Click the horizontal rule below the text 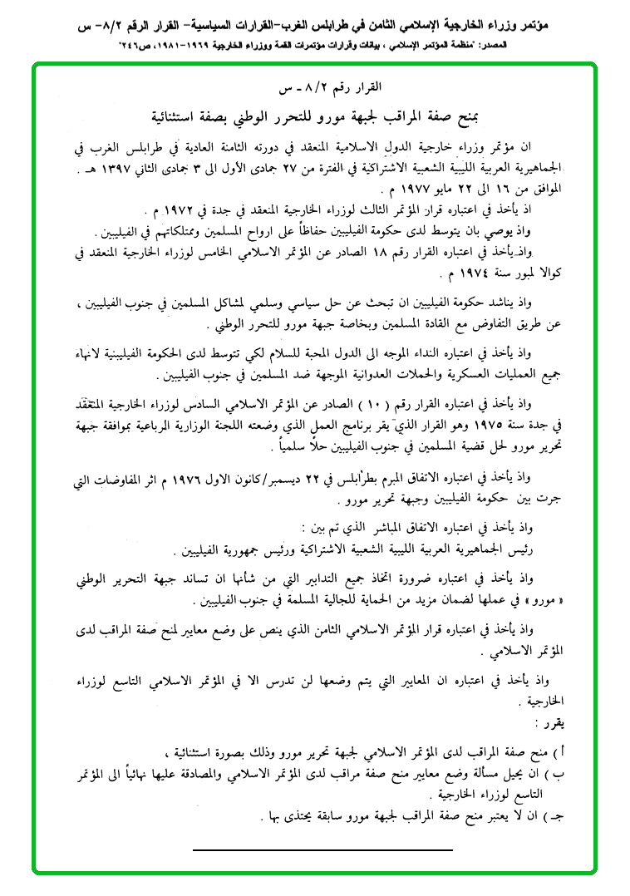pos(322,849)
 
